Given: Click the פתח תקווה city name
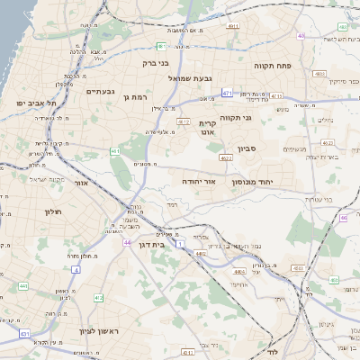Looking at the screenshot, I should (x=283, y=66).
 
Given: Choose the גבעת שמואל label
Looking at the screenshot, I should (x=190, y=78).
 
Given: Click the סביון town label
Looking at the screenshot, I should (x=248, y=148).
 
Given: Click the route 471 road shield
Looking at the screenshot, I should (x=226, y=93).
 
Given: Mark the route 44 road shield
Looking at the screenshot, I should (x=128, y=243).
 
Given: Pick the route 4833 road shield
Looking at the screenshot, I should (x=334, y=280).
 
